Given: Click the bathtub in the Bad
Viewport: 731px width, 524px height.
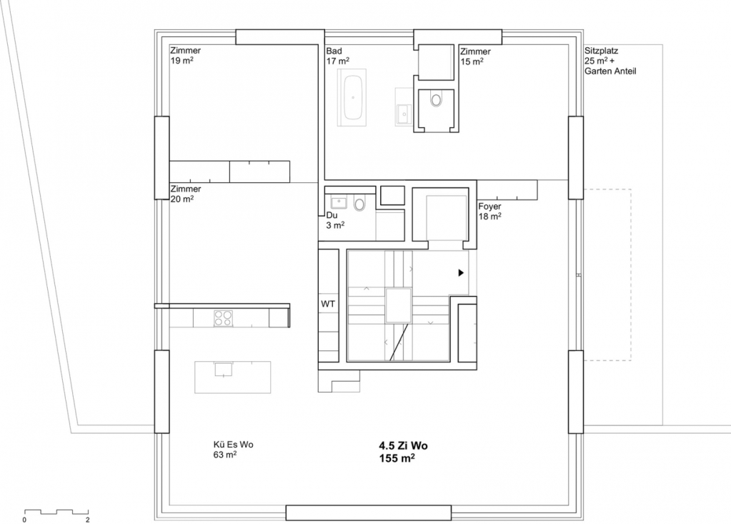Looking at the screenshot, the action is click(353, 98).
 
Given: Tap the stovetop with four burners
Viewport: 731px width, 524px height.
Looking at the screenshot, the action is click(224, 318).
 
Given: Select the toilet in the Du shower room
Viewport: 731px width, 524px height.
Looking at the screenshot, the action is click(359, 204).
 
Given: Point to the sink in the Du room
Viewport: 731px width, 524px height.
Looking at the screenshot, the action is click(339, 203).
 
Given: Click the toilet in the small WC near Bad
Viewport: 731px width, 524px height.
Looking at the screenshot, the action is click(437, 100).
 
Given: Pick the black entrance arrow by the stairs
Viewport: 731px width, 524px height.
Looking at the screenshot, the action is click(461, 272).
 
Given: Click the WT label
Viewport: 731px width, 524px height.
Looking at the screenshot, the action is click(328, 304).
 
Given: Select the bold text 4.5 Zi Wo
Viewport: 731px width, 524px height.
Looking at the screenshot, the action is click(403, 445).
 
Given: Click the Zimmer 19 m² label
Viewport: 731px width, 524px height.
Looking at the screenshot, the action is click(185, 56).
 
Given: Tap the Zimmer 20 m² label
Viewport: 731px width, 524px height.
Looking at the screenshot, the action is click(185, 194).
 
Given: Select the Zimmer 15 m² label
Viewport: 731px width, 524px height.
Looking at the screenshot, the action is click(475, 56).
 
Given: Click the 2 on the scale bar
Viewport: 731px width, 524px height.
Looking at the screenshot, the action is click(88, 519).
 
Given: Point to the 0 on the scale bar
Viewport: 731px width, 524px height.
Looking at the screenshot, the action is click(25, 519).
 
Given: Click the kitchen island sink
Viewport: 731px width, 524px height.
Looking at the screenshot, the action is click(224, 369).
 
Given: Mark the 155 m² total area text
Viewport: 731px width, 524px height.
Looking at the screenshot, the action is click(397, 458).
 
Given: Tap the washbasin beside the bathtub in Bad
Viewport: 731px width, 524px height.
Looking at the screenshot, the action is click(404, 113).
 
